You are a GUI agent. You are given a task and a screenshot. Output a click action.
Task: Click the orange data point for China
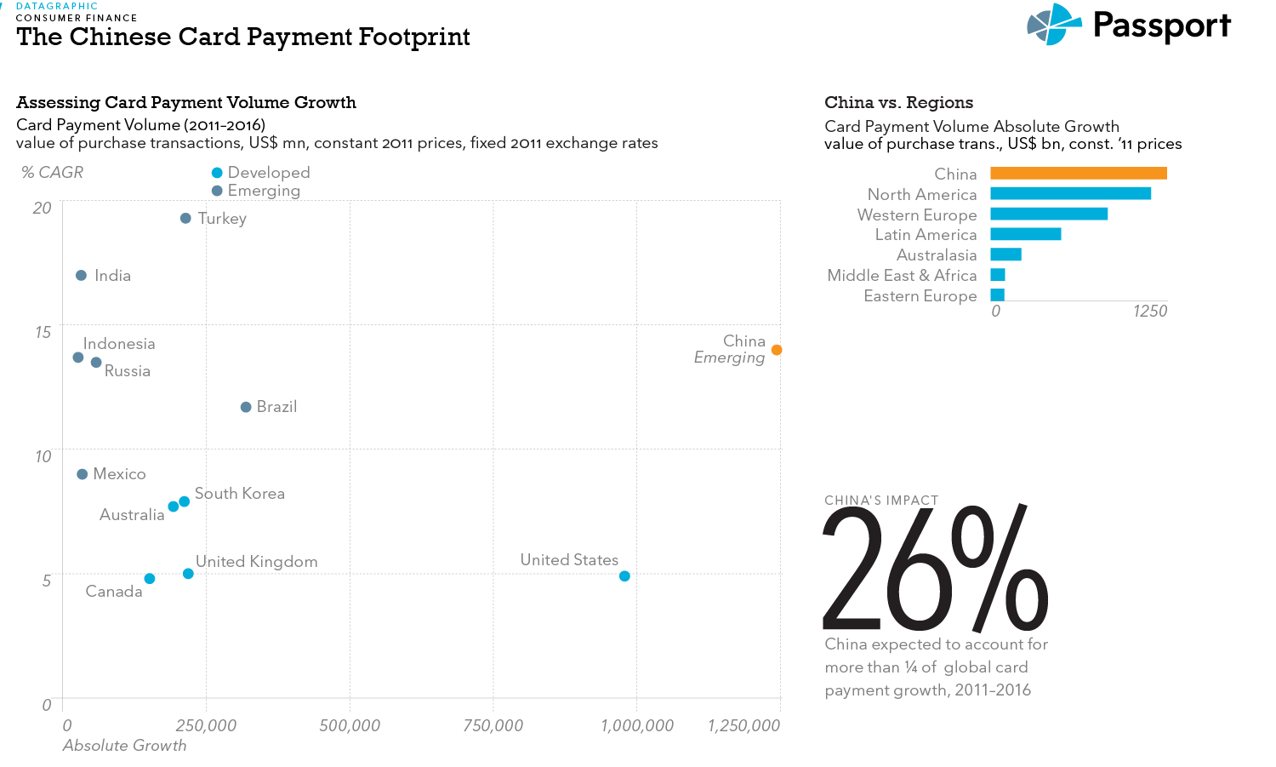click(777, 350)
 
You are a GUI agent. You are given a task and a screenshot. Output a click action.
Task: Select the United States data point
click(624, 576)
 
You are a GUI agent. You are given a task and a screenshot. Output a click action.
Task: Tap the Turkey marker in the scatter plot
click(185, 219)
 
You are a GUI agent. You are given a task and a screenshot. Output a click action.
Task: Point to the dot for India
click(82, 276)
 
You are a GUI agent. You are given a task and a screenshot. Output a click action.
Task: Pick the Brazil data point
click(246, 407)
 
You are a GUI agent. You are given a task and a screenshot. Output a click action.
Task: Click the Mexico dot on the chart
click(83, 474)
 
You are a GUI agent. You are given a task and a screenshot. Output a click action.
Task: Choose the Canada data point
click(150, 579)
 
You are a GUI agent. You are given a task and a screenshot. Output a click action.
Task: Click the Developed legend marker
click(217, 173)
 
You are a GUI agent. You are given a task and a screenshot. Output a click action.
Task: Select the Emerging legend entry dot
click(217, 191)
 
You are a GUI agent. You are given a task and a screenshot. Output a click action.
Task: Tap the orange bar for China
click(1078, 174)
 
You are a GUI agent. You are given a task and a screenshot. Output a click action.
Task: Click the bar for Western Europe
click(1049, 215)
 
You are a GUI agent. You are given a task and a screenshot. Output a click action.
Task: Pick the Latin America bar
click(1025, 234)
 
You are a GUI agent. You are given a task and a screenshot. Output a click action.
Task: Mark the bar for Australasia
click(1005, 255)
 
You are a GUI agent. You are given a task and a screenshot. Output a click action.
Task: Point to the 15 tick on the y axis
click(43, 332)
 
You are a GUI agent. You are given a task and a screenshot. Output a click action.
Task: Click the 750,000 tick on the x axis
click(493, 725)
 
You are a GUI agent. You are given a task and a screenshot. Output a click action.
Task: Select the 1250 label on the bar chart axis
click(1150, 312)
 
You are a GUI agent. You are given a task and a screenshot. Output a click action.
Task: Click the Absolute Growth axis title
click(124, 746)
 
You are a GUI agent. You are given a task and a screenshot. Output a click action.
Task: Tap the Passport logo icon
click(1053, 25)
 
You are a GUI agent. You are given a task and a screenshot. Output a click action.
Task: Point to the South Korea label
click(240, 494)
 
